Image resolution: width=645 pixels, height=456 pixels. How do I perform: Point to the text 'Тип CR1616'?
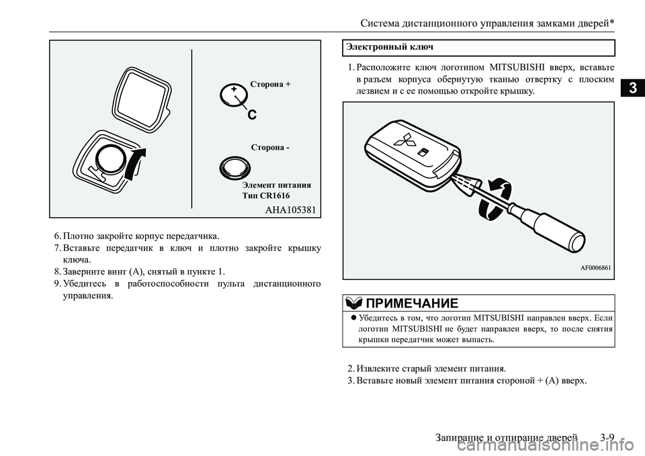(266, 195)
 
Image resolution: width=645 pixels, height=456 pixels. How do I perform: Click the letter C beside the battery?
(252, 115)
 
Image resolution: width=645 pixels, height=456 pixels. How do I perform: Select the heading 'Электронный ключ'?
(390, 47)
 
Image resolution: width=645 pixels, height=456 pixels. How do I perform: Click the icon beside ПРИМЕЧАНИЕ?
(351, 302)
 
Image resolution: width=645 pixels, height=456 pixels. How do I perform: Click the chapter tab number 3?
(633, 88)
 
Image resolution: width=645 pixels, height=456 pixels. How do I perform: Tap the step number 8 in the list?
(57, 272)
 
